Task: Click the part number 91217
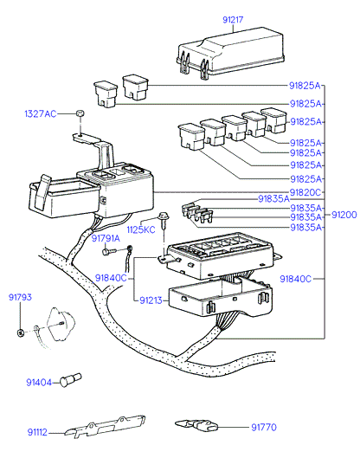pyautogui.click(x=233, y=20)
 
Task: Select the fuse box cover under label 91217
pyautogui.click(x=230, y=54)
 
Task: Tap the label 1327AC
pyautogui.click(x=40, y=113)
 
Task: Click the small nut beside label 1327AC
pyautogui.click(x=80, y=113)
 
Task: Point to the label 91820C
pyautogui.click(x=305, y=192)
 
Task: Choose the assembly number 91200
pyautogui.click(x=344, y=215)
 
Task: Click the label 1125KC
pyautogui.click(x=141, y=229)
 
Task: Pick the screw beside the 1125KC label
pyautogui.click(x=164, y=220)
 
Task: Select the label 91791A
pyautogui.click(x=106, y=238)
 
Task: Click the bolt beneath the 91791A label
pyautogui.click(x=109, y=251)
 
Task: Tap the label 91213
pyautogui.click(x=151, y=300)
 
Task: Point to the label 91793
pyautogui.click(x=20, y=297)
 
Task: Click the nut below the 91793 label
pyautogui.click(x=21, y=332)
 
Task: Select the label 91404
pyautogui.click(x=39, y=383)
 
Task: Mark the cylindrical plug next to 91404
pyautogui.click(x=71, y=380)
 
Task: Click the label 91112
pyautogui.click(x=37, y=432)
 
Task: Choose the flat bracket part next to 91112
pyautogui.click(x=105, y=426)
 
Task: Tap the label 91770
pyautogui.click(x=264, y=427)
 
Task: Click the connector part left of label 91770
pyautogui.click(x=196, y=426)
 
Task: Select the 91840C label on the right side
pyautogui.click(x=296, y=279)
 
